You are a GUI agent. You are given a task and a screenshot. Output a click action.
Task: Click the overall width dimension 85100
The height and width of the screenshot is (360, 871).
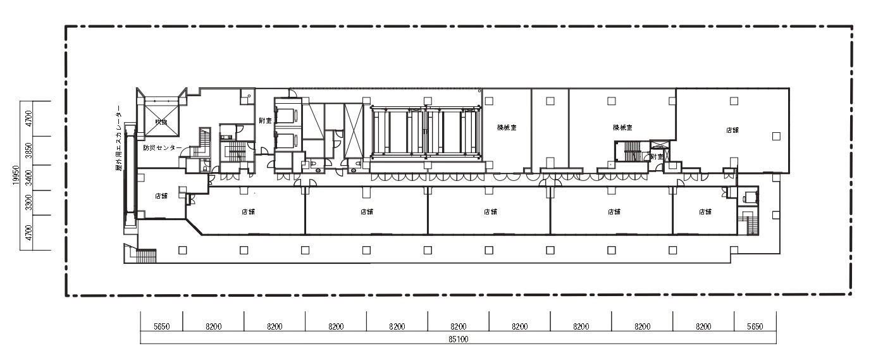[x=459, y=339]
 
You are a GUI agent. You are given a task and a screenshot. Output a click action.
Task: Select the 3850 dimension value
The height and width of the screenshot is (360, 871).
[x=28, y=151]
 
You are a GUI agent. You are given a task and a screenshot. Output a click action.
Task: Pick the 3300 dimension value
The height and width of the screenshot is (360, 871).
[x=28, y=203]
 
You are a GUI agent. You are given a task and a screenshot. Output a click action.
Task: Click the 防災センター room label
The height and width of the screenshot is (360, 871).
[x=162, y=148]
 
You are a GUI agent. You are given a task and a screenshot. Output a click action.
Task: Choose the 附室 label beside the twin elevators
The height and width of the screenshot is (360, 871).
[x=265, y=120]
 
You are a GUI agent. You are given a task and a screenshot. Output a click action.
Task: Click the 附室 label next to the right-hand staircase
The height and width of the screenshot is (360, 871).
[x=657, y=156]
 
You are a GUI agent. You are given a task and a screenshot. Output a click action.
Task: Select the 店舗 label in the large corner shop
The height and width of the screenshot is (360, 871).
[x=732, y=130]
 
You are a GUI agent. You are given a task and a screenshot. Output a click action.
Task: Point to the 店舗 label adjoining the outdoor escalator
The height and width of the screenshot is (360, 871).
[x=161, y=196]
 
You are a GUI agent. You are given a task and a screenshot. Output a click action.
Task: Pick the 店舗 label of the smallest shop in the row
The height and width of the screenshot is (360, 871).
[x=705, y=212]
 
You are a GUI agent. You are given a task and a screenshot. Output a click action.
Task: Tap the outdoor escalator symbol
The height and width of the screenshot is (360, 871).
[x=130, y=174]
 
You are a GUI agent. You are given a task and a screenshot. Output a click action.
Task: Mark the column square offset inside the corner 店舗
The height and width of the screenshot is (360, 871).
[x=776, y=135]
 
